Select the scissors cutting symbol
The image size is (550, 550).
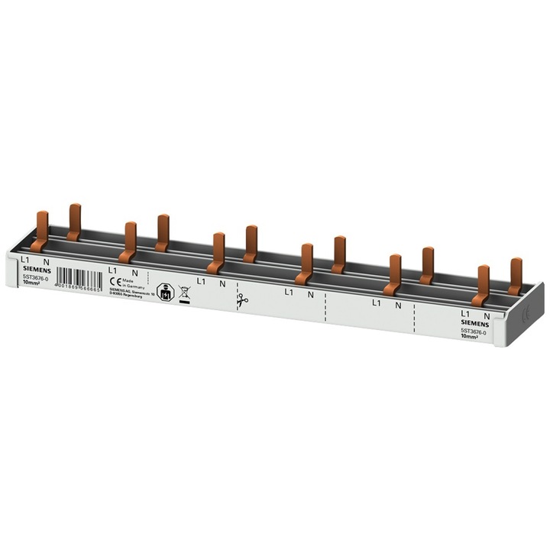(243, 301)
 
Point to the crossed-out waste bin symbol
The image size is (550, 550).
(184, 293)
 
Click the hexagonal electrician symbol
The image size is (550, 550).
(162, 290)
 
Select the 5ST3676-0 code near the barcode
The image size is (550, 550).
(34, 278)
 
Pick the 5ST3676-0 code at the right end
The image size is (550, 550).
(474, 329)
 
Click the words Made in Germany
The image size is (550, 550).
(131, 284)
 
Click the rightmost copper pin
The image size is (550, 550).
(516, 277)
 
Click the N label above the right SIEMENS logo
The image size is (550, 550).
(486, 314)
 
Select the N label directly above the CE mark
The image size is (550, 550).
(135, 272)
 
